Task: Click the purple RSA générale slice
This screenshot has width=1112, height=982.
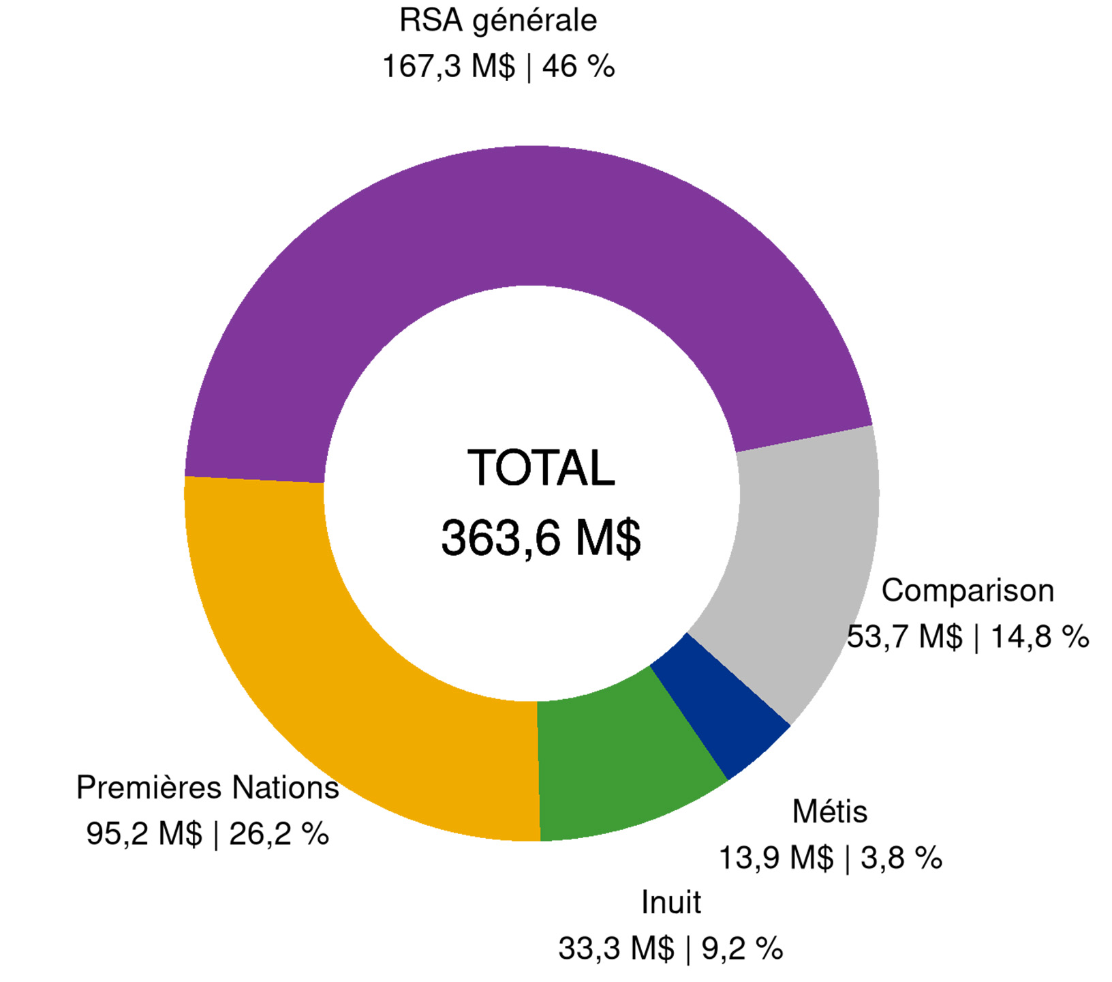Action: tap(531, 218)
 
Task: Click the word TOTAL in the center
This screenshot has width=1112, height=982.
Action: tap(541, 468)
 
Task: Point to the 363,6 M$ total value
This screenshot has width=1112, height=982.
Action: tap(541, 538)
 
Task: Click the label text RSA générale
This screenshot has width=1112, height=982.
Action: tap(498, 20)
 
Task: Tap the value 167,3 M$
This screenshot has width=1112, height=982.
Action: tap(449, 67)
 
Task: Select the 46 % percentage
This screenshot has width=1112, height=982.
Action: tap(578, 67)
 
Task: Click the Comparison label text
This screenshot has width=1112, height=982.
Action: tap(968, 591)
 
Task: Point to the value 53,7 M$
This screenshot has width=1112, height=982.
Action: tap(905, 637)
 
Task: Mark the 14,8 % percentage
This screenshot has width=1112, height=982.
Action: tap(1040, 637)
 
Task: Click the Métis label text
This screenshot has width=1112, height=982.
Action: tap(830, 812)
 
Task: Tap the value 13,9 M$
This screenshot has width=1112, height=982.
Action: tap(776, 858)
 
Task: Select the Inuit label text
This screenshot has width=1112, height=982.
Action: tap(671, 903)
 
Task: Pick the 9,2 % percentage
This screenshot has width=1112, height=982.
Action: tap(742, 949)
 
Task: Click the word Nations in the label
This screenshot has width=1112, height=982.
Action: tap(285, 788)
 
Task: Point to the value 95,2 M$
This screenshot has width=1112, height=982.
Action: tap(144, 834)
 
